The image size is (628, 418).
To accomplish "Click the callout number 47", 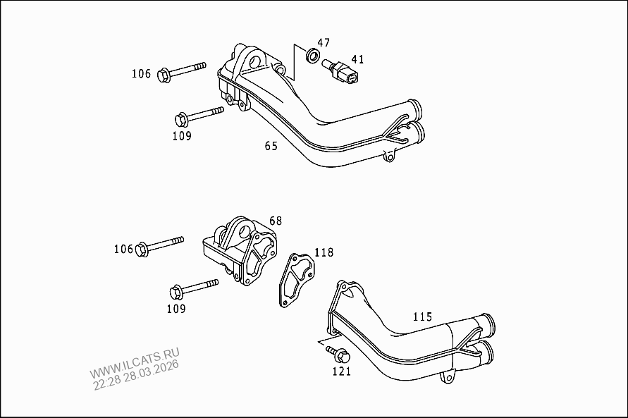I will tap(323, 43).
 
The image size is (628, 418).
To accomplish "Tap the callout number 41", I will tap(357, 59).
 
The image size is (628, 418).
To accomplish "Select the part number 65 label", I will tap(271, 146).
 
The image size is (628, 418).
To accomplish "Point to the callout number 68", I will tap(275, 221).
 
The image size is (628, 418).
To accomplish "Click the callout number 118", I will tap(324, 252).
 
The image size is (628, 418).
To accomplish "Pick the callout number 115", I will tap(422, 316).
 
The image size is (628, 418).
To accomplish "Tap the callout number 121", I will tap(341, 371).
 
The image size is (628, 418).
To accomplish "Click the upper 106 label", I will tap(141, 73).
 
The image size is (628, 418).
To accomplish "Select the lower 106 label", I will tap(123, 248).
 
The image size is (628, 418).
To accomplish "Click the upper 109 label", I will tap(181, 136).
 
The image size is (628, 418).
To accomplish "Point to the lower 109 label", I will tap(176, 309).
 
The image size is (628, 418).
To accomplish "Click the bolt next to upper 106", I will tap(182, 70).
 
